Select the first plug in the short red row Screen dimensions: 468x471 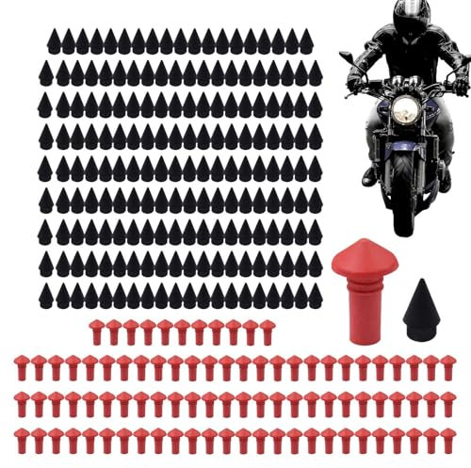click(x=96, y=330)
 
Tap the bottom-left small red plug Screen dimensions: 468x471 click(x=22, y=437)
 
